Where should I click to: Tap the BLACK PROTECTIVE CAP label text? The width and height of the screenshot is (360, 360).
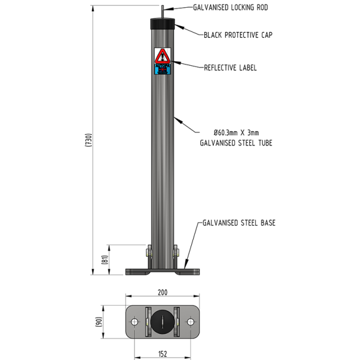point(238,35)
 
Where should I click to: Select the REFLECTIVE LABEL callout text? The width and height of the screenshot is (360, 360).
point(230,67)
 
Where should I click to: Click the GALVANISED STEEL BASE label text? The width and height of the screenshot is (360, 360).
point(239,223)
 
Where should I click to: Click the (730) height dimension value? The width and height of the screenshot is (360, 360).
point(88,140)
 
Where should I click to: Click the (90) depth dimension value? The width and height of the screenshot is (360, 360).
point(99,321)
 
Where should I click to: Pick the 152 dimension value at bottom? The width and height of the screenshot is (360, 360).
point(162,354)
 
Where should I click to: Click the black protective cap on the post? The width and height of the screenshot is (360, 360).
point(163,25)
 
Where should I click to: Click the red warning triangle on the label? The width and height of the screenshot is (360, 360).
point(162,57)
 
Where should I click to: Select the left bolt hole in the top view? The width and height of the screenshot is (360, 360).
point(136,322)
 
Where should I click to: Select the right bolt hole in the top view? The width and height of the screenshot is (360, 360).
point(190,322)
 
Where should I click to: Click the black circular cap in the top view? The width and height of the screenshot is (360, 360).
point(163,322)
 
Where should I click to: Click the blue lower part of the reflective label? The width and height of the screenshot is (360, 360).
point(162,69)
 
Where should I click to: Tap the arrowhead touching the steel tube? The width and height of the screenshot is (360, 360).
point(175,117)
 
